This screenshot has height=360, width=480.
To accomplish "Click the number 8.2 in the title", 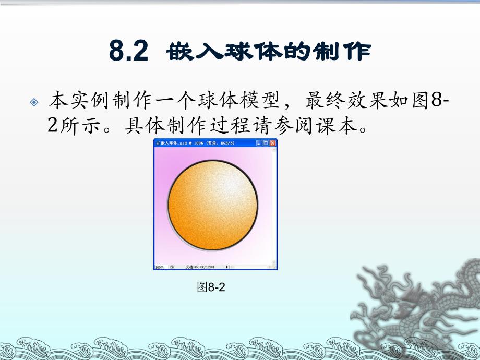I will (x=129, y=52).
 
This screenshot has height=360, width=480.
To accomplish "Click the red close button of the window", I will (x=273, y=142).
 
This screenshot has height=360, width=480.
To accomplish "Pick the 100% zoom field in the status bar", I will (x=159, y=267).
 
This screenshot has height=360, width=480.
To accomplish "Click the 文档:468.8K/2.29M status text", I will (x=200, y=267).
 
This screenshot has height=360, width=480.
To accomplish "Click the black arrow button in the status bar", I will (x=227, y=267).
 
